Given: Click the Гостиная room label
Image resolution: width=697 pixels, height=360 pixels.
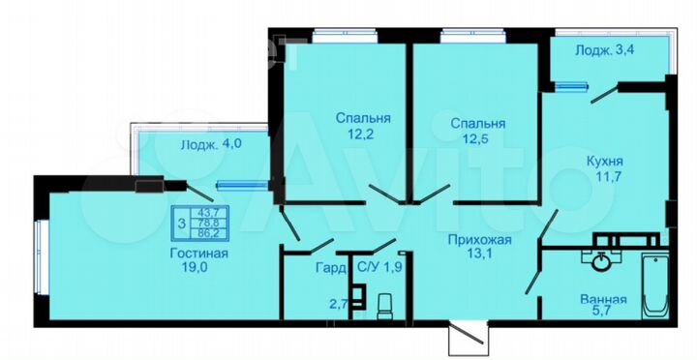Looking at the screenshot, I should pyautogui.click(x=202, y=255).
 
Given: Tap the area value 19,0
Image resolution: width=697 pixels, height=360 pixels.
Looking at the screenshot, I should pyautogui.click(x=202, y=271).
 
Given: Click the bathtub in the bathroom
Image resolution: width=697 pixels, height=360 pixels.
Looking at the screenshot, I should pyautogui.click(x=656, y=284).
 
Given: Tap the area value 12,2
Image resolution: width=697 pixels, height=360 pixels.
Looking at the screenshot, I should pyautogui.click(x=363, y=135).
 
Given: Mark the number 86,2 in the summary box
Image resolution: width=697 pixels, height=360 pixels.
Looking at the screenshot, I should pyautogui.click(x=207, y=233).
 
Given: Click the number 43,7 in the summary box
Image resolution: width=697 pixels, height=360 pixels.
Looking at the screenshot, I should pyautogui.click(x=207, y=210).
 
